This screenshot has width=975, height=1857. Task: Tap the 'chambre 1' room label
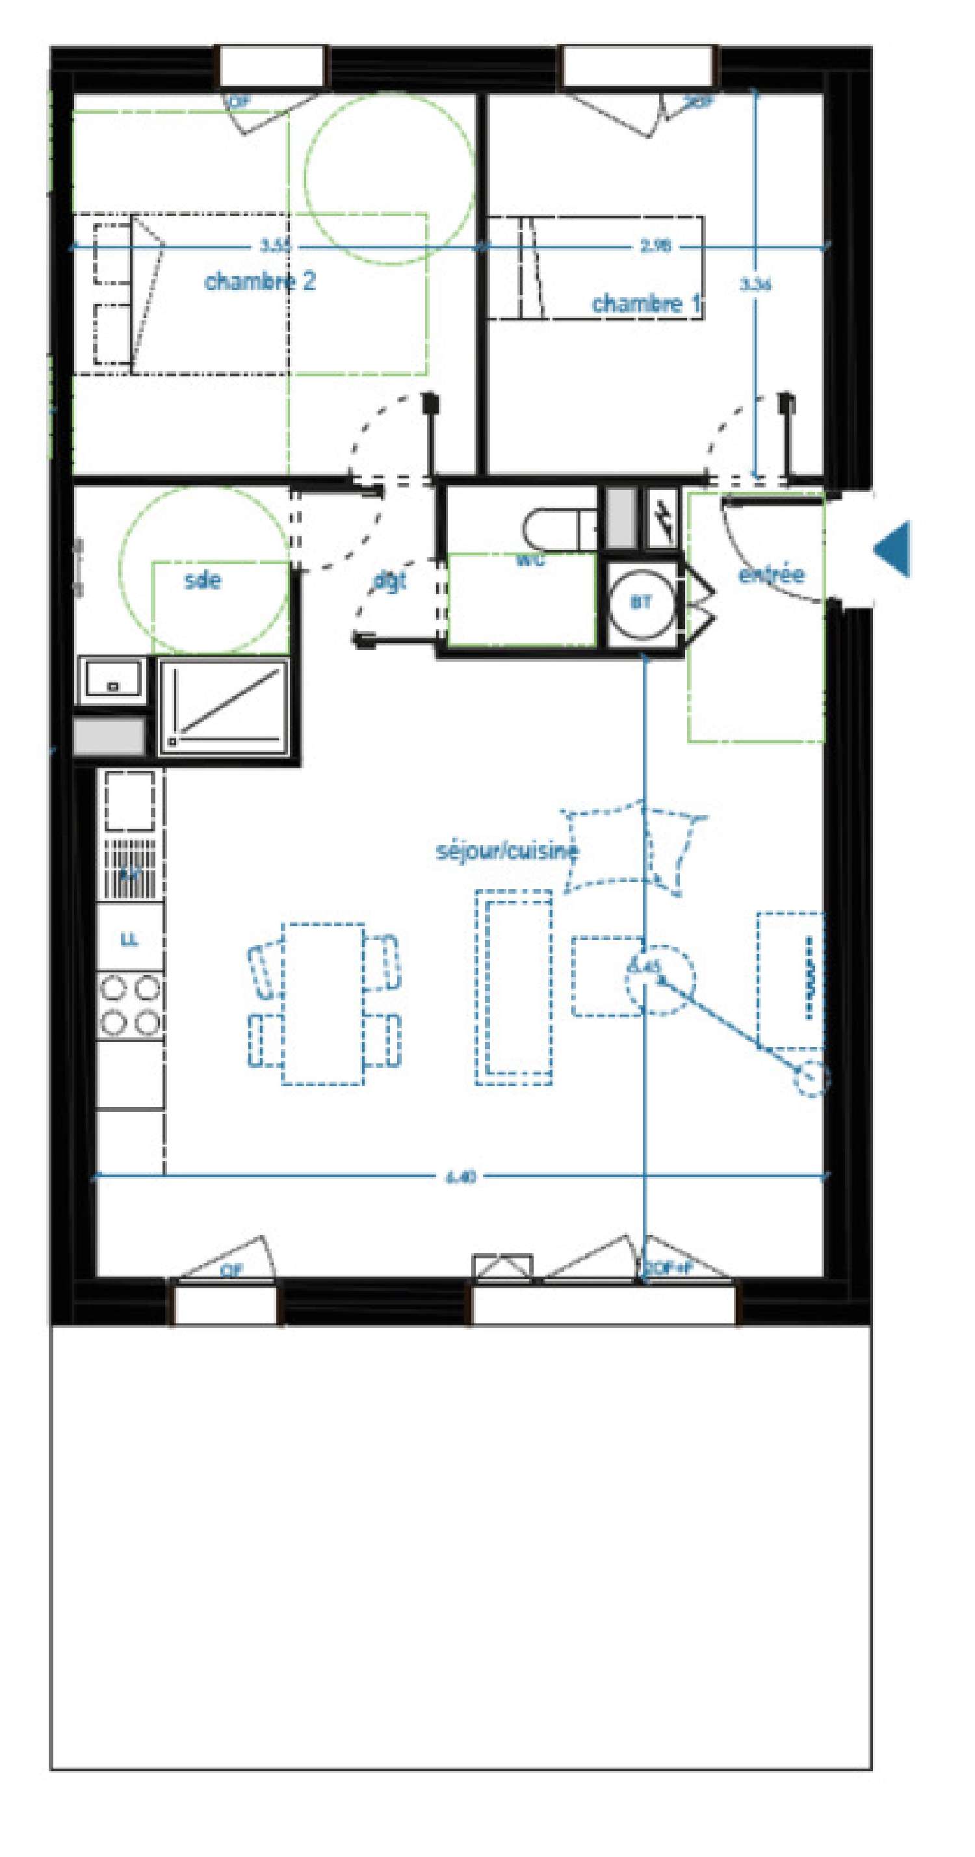tap(646, 304)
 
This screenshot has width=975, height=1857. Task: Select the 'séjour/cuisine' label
tap(507, 851)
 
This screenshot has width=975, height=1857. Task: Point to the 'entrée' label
tap(771, 574)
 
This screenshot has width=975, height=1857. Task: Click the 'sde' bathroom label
tap(203, 580)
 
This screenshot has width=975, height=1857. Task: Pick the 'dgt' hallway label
tap(390, 580)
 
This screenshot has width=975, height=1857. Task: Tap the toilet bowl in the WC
tap(555, 529)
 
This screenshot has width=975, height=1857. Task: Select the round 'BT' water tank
tap(642, 603)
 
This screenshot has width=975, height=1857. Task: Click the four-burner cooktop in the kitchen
tap(130, 1005)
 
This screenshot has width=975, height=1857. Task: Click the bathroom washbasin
tap(112, 678)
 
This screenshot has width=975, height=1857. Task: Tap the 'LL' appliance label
tap(130, 940)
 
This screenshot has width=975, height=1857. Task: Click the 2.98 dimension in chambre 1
tap(655, 246)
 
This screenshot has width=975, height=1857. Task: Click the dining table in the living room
tap(322, 1004)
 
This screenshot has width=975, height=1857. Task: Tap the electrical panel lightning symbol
tap(662, 517)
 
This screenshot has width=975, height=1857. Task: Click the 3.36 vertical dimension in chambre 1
tap(755, 284)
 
